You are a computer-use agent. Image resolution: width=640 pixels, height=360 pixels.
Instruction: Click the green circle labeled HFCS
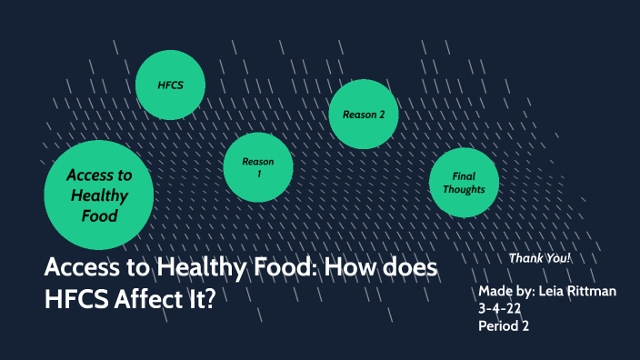point(171,85)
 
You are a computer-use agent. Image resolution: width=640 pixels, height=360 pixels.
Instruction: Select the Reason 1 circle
point(258,166)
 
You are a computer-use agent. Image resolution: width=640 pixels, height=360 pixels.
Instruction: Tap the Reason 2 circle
point(364,114)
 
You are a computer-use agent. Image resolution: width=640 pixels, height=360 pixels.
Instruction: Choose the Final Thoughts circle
point(465,183)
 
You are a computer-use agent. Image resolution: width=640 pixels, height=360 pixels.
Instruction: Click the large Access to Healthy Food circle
point(98,195)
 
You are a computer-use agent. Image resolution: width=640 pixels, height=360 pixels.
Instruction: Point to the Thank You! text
point(540,258)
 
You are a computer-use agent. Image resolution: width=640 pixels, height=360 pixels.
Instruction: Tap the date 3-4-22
point(500,309)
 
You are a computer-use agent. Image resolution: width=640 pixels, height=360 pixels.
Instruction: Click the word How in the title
point(348,269)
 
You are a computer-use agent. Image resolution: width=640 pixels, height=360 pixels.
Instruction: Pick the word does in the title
point(407,269)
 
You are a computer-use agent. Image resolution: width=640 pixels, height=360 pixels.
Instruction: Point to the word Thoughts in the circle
point(465,189)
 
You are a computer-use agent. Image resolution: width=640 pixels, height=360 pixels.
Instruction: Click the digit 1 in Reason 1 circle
point(259,173)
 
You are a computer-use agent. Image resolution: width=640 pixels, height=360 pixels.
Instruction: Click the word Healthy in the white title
point(195,269)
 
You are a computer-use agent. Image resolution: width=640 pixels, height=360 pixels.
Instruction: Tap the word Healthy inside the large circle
point(98,195)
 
